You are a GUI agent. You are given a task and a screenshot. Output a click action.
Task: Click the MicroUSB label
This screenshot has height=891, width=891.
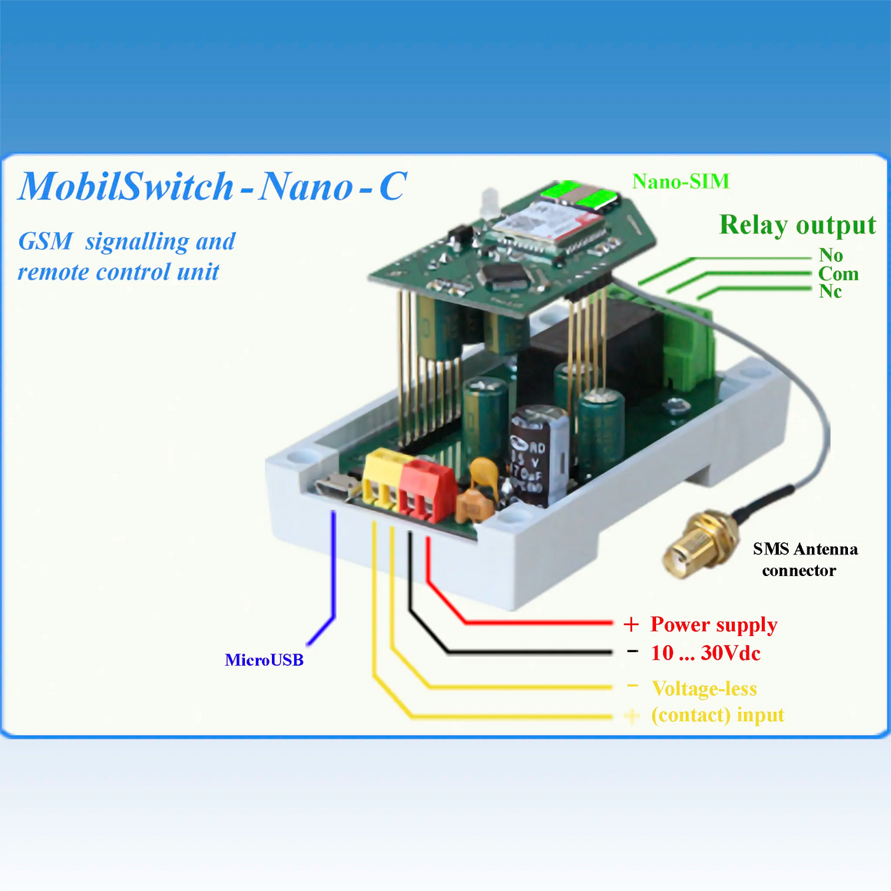point(263,660)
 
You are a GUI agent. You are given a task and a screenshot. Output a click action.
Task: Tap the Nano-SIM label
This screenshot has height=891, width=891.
point(681,182)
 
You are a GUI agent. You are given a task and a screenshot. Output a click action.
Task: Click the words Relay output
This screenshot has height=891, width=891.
point(797,225)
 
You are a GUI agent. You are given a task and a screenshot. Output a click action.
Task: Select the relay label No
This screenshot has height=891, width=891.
point(830,255)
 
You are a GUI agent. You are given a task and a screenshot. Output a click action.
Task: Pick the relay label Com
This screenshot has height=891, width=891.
point(838,273)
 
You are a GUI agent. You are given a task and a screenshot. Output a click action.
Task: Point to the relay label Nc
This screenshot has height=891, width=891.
point(830,291)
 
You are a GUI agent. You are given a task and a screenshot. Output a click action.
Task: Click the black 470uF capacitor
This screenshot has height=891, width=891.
point(538,456)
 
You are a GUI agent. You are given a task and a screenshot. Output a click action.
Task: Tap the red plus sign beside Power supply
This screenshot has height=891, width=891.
point(631,624)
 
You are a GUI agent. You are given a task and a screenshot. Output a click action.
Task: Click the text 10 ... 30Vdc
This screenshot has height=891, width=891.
point(705,653)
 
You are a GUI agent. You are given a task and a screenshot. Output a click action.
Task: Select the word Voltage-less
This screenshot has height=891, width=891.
point(704,688)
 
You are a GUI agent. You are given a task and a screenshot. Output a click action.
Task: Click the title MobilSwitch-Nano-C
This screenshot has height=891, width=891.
point(212,187)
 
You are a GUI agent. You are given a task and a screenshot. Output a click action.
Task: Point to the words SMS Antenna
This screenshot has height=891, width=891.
point(805,549)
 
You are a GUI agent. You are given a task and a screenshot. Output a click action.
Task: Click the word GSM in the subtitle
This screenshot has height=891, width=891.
point(45,242)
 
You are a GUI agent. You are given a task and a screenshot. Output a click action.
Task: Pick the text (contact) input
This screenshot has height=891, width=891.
point(717,715)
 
